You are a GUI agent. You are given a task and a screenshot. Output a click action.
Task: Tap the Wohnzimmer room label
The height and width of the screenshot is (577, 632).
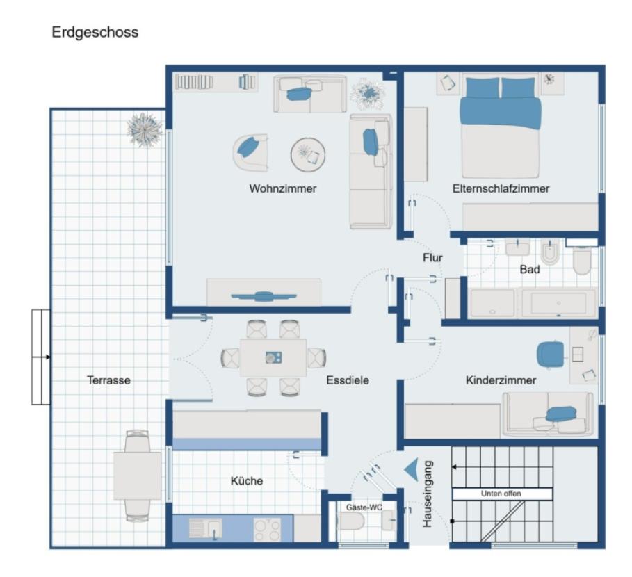point(283,188)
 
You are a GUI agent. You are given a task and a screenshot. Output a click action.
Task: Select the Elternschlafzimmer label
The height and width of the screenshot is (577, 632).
point(501,188)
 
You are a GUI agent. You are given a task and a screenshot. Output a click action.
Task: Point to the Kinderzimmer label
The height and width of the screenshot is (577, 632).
point(501,380)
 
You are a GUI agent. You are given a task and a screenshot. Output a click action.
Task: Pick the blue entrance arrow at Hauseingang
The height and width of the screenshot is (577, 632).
point(411,470)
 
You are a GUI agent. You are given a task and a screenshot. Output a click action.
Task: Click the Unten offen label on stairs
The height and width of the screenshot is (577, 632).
point(501,494)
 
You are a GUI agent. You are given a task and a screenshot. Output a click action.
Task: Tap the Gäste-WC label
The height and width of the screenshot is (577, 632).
point(364,507)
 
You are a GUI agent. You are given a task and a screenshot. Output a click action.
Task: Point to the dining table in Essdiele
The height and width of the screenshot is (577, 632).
point(273,357)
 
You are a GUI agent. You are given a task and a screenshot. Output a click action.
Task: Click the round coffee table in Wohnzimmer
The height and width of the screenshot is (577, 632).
point(308,154)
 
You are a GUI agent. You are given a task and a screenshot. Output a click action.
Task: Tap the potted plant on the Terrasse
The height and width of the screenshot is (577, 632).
point(145,129)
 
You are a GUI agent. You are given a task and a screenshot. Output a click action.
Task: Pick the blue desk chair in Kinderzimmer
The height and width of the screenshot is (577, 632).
point(551,354)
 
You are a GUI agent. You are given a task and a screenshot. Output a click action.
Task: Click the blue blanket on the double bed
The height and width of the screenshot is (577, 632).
point(500,111)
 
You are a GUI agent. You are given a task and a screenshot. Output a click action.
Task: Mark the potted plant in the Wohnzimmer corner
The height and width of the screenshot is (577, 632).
point(366,93)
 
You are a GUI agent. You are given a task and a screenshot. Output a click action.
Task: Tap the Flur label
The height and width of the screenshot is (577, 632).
point(432,257)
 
